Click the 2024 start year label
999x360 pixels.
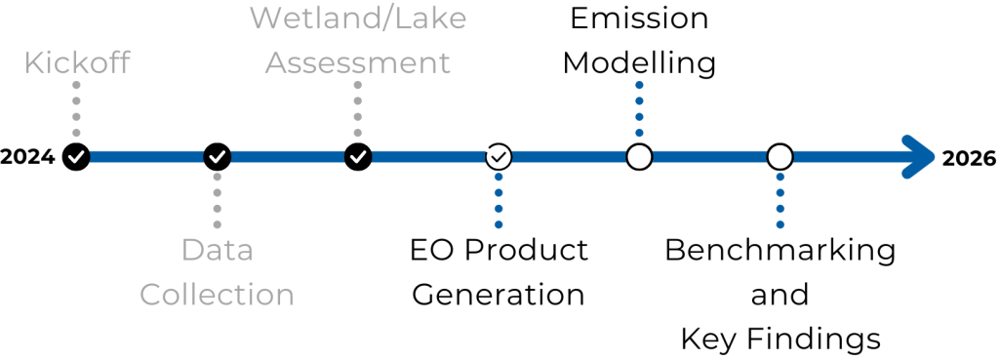click(x=27, y=157)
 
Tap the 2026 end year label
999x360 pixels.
click(x=969, y=158)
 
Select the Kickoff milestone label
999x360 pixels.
click(x=77, y=63)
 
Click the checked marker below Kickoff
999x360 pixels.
click(x=76, y=156)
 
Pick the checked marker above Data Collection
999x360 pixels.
click(x=218, y=156)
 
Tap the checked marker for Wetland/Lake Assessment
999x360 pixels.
click(x=358, y=156)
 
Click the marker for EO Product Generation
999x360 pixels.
click(x=499, y=156)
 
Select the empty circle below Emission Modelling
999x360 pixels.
click(x=639, y=156)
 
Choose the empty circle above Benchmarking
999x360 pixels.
click(x=779, y=156)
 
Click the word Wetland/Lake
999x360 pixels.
click(x=358, y=19)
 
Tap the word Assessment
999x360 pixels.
click(x=358, y=63)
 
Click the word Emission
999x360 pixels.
click(x=639, y=19)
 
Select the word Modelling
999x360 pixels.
click(x=639, y=63)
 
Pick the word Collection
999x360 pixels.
click(x=217, y=294)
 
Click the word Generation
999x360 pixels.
click(x=499, y=294)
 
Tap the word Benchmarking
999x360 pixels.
click(x=779, y=250)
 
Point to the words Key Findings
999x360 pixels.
click(x=779, y=339)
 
